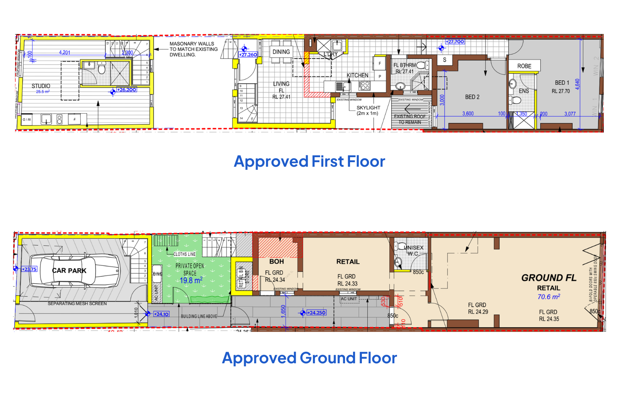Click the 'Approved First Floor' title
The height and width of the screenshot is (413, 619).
coord(309,161)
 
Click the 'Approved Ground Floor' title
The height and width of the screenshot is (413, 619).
coord(309,358)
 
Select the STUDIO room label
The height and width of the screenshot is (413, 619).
coord(41,86)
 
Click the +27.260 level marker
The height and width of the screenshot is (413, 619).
coord(248,55)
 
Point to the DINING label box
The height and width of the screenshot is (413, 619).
coord(281,52)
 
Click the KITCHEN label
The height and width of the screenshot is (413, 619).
coord(358,75)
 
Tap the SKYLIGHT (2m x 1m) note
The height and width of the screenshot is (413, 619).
coord(368,111)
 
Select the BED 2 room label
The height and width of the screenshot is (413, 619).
coord(472,97)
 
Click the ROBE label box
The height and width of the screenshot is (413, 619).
coord(524,66)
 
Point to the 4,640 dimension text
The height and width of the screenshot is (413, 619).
coord(577,84)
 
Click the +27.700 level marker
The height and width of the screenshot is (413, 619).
coord(455,42)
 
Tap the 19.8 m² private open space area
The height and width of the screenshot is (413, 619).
coord(191,280)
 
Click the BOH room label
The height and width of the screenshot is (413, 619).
coord(277,262)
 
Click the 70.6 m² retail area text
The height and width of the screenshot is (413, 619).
coord(549,297)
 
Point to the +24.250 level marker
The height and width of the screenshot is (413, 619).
coord(316,313)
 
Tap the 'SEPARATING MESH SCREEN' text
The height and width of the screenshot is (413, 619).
coord(77,304)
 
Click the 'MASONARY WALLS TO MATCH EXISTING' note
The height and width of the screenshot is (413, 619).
coord(193,49)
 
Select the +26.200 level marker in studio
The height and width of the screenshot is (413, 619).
coord(126,90)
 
